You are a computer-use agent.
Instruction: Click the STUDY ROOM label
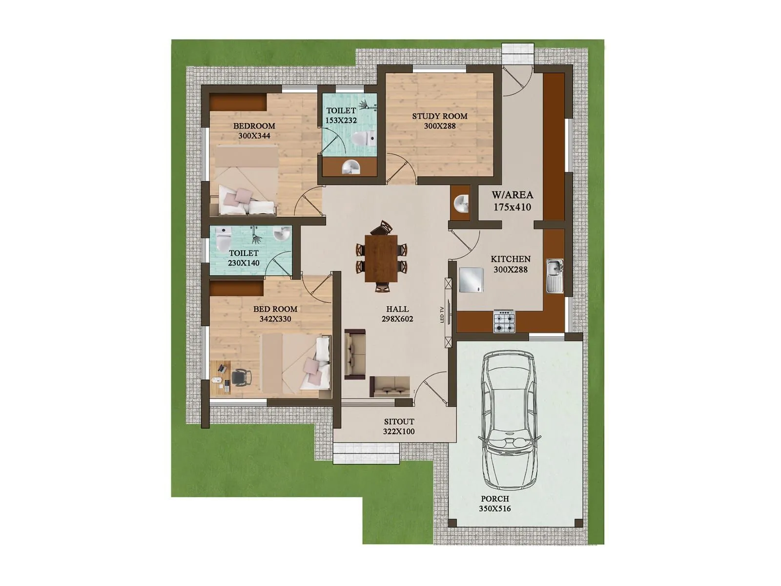tap(439, 116)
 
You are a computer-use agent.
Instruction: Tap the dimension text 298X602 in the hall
tap(397, 319)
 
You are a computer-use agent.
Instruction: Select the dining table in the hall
tap(381, 258)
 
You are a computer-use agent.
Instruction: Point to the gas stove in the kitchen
tap(504, 320)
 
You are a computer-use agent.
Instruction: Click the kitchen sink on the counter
tap(555, 275)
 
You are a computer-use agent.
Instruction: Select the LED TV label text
tap(442, 314)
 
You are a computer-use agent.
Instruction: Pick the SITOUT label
tap(399, 421)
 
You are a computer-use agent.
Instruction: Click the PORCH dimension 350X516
tap(494, 508)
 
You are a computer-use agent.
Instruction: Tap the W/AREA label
tap(512, 195)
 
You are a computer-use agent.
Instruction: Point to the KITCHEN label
tap(511, 259)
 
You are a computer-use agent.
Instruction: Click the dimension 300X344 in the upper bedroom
tap(254, 136)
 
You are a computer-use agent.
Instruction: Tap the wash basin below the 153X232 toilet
tap(350, 167)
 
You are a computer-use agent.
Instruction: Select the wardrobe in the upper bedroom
tap(238, 102)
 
